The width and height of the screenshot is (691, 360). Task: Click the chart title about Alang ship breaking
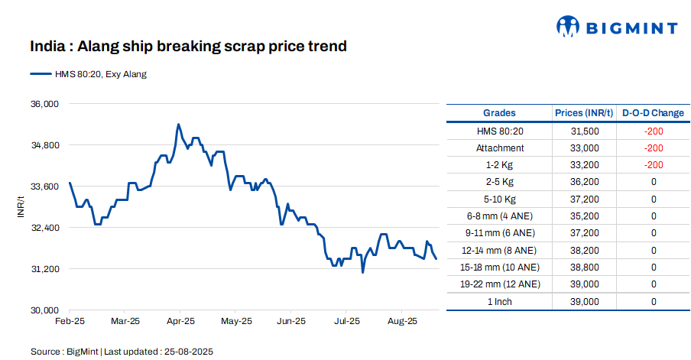[x=188, y=47]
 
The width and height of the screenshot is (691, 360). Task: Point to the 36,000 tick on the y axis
[x=44, y=103]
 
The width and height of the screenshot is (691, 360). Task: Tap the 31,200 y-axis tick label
[x=44, y=269]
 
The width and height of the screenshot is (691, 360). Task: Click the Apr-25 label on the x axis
[x=180, y=322]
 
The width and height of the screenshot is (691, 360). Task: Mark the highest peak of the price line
[x=178, y=124]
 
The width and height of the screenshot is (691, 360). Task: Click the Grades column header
[x=499, y=113]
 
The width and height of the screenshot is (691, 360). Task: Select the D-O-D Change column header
[x=653, y=113]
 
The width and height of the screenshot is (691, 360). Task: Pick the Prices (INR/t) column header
[x=584, y=113]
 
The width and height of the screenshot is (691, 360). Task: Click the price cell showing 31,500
[x=585, y=131]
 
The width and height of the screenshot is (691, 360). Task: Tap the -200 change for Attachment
[x=653, y=148]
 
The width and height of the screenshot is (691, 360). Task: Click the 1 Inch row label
[x=500, y=302]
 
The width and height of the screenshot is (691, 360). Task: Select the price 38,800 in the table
[x=585, y=268]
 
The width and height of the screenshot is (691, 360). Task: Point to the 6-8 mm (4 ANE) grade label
[x=500, y=216]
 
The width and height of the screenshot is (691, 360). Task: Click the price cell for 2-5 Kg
[x=585, y=182]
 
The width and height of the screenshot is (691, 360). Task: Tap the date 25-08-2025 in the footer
[x=187, y=352]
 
